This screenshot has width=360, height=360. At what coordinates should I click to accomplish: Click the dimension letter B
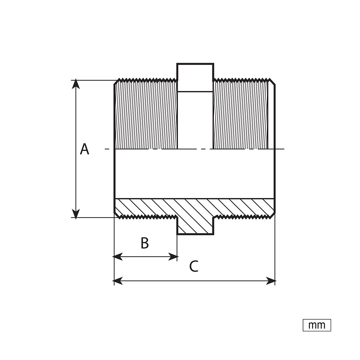click(145, 243)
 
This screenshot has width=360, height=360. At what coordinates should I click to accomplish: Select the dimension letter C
click(194, 266)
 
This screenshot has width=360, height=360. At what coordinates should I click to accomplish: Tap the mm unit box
click(317, 325)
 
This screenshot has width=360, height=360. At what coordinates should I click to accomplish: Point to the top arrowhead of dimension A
click(76, 84)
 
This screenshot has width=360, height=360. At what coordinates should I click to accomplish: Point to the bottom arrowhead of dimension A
click(76, 213)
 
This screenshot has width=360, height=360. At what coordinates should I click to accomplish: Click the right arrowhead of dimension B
click(173, 257)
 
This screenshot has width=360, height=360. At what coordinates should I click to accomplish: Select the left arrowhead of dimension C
click(118, 281)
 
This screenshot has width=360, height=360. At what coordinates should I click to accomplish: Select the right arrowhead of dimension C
click(271, 281)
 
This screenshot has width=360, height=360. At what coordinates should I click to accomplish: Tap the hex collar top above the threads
click(195, 77)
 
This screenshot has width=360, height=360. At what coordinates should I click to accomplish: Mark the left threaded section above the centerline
click(146, 114)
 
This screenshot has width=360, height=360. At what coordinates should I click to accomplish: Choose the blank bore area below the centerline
click(194, 174)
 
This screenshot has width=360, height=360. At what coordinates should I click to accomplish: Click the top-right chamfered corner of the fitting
click(272, 82)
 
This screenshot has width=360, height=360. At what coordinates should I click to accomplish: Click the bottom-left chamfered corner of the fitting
click(117, 215)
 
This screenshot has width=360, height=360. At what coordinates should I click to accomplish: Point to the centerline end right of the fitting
click(284, 149)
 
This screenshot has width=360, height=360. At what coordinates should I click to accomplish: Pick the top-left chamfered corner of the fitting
click(117, 82)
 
